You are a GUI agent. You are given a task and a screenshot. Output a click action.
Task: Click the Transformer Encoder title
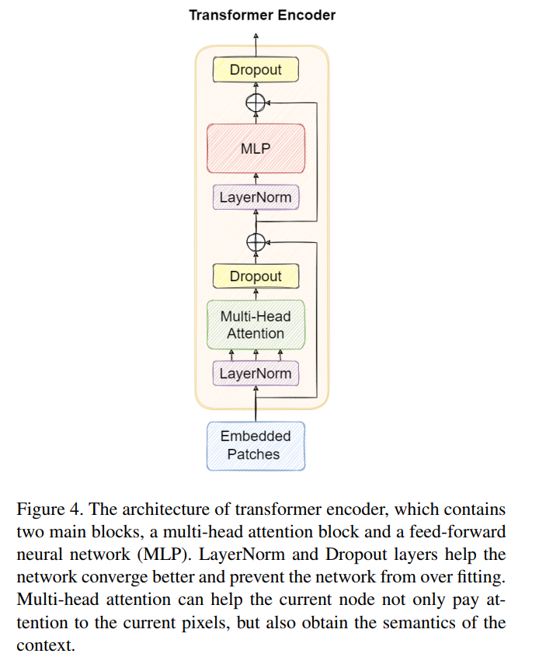coord(262,15)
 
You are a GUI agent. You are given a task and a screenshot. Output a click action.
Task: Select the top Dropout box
coord(256,70)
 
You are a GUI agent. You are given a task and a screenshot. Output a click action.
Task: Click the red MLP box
coord(256,148)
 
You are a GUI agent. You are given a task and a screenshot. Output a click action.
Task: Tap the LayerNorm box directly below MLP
coord(256,197)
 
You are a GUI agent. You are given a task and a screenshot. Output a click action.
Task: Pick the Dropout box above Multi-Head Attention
coord(256,276)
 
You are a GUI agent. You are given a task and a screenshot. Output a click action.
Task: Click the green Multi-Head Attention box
coord(256,325)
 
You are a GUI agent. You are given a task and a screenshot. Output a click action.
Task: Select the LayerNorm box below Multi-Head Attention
coord(256,374)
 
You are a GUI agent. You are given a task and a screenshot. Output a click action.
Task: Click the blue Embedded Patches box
coord(256,445)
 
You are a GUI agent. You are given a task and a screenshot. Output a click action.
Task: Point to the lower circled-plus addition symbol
coord(256,242)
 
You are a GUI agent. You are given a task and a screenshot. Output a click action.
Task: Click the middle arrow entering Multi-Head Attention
coord(256,355)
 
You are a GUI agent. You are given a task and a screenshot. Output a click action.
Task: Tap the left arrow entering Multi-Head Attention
coord(231,355)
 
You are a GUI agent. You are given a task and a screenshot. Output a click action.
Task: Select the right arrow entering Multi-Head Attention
coord(280,355)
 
